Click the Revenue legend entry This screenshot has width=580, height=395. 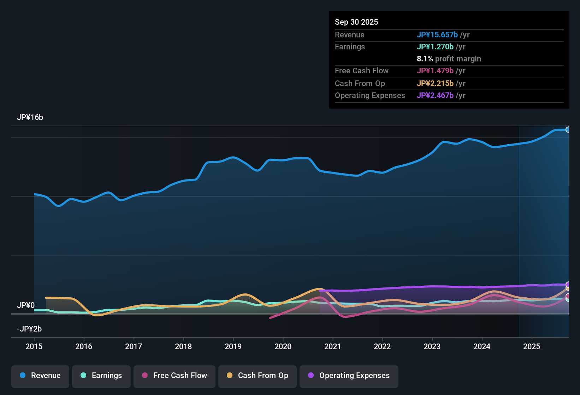[x=40, y=376]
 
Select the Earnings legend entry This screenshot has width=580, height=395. [x=101, y=376]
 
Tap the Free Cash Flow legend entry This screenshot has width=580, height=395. [x=174, y=376]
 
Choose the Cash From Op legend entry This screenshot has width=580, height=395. [x=258, y=376]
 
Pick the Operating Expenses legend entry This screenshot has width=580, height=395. [x=349, y=376]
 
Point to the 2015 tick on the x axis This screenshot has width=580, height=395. [x=34, y=346]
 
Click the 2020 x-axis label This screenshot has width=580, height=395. [x=283, y=346]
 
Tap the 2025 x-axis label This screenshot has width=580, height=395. [x=532, y=346]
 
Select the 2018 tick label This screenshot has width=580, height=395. [x=183, y=346]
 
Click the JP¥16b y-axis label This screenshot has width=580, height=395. [x=30, y=117]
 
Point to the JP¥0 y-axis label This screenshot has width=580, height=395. [x=26, y=305]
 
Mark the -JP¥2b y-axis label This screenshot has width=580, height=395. [x=29, y=329]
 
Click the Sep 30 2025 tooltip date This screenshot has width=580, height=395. [x=356, y=22]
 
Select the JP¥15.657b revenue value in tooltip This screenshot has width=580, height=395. [x=437, y=35]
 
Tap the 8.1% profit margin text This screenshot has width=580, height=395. [x=449, y=59]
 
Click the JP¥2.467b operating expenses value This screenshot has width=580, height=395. [x=435, y=96]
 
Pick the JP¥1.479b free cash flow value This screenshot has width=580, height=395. [x=435, y=71]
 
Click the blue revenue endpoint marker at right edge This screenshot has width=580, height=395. [x=568, y=130]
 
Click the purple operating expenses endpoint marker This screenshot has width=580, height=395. [x=568, y=285]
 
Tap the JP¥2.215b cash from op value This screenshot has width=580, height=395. [x=435, y=84]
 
